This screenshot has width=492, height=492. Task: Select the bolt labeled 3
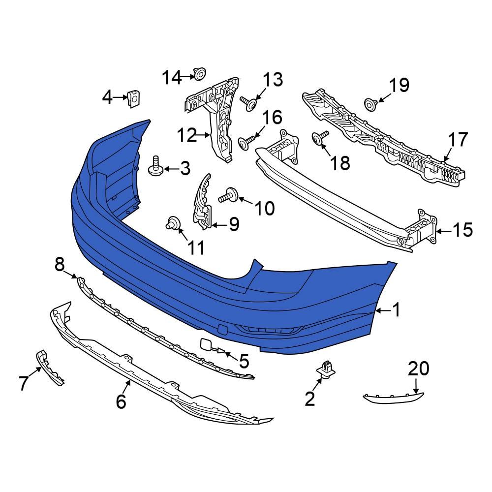click(x=155, y=167)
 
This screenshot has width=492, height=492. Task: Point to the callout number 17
click(x=458, y=140)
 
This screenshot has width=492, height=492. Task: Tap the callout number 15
click(x=462, y=230)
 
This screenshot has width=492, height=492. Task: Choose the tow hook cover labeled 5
click(x=207, y=346)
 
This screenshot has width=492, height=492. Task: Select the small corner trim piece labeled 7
click(x=51, y=367)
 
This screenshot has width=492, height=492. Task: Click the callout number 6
click(x=121, y=402)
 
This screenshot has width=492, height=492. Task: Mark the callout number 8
click(x=60, y=266)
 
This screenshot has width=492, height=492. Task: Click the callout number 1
click(x=396, y=310)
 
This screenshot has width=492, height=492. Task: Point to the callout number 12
click(x=187, y=134)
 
